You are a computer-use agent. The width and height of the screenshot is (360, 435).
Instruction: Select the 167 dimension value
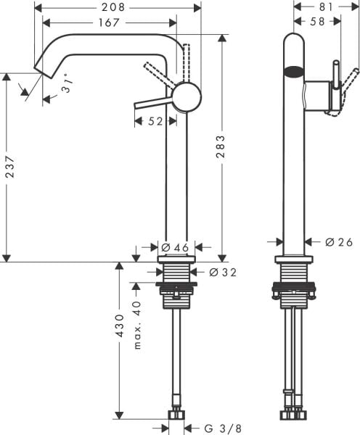107,22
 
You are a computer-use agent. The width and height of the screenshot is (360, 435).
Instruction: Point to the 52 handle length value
155,122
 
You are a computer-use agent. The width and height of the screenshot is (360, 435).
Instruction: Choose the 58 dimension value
316,22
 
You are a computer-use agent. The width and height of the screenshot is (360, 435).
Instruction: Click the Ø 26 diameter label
337,242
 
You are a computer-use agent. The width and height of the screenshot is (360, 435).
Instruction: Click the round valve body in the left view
186,96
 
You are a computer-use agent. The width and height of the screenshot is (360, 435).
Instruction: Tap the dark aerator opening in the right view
292,72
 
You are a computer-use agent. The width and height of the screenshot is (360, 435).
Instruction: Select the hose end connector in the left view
175,415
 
